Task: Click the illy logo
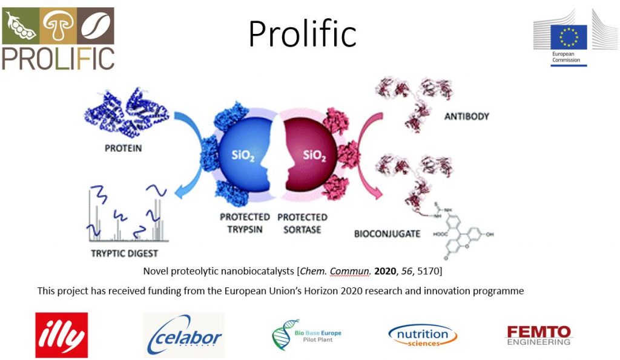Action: (61, 335)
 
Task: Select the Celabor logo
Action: (184, 335)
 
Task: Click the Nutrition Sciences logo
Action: (423, 335)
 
